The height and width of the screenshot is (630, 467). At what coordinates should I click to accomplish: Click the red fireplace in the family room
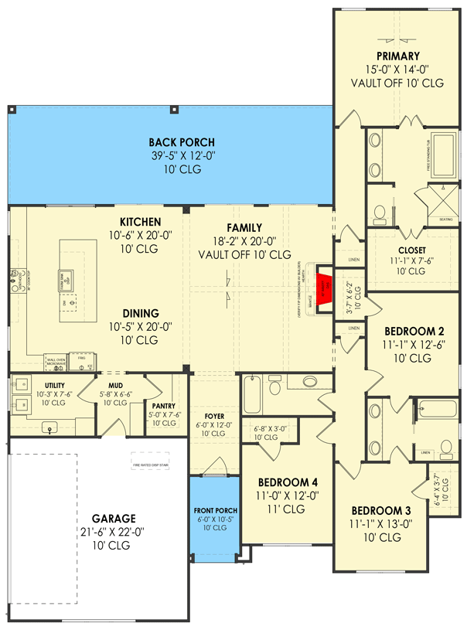(x=323, y=284)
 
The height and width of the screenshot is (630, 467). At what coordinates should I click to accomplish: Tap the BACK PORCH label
(x=182, y=142)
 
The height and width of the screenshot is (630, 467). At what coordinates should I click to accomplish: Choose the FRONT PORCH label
(x=216, y=511)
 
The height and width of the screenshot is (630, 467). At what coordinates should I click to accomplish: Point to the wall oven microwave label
(x=56, y=362)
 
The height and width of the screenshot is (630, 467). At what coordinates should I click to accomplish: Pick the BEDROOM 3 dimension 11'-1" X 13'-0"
(x=380, y=525)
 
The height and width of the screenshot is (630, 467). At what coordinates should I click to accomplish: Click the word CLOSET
(x=411, y=250)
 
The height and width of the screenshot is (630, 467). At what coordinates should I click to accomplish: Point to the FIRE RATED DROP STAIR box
(x=150, y=465)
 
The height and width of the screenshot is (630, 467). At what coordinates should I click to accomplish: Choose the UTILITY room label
(x=53, y=384)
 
